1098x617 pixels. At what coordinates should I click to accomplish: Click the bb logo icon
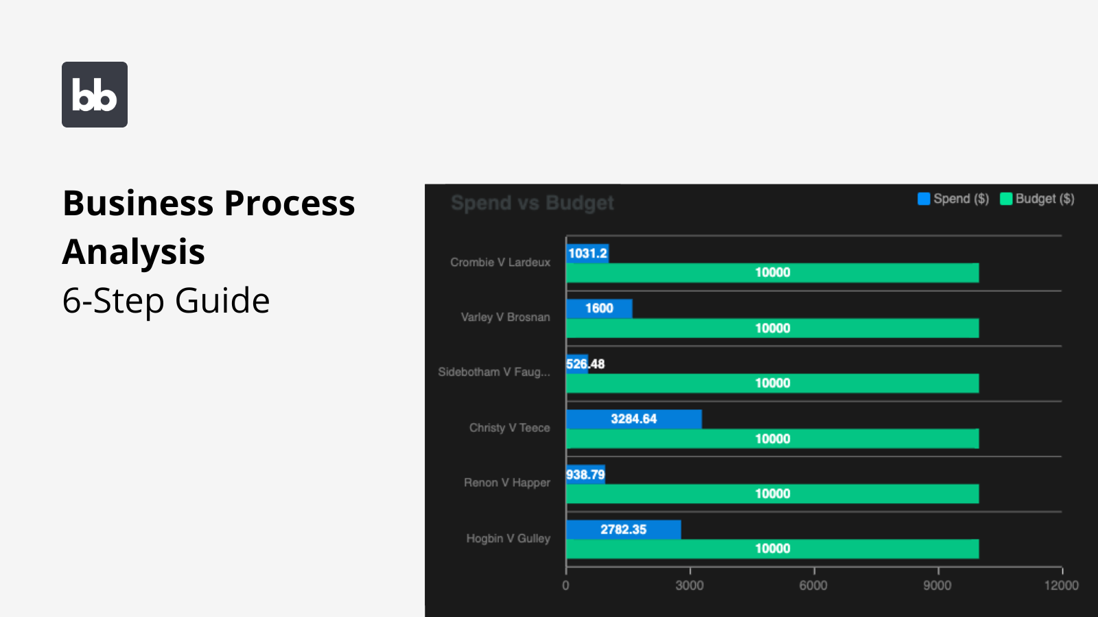[x=95, y=95]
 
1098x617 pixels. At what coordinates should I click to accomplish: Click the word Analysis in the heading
[x=134, y=252]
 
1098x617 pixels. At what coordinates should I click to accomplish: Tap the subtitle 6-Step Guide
[x=166, y=300]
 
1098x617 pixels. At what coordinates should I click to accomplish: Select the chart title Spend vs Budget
[x=533, y=203]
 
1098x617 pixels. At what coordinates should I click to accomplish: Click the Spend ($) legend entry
[x=953, y=199]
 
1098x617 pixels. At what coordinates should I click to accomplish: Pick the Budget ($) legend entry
[x=1037, y=199]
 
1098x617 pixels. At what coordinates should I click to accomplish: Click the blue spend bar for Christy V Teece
[x=633, y=419]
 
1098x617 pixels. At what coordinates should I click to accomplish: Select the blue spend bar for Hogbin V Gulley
[x=623, y=529]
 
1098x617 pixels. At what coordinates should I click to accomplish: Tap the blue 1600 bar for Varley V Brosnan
[x=599, y=308]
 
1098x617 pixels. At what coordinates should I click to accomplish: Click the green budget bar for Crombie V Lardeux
[x=772, y=273]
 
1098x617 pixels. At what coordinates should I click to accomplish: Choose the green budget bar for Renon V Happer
[x=772, y=494]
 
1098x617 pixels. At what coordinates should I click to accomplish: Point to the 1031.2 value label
[x=587, y=254]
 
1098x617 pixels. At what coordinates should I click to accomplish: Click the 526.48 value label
[x=585, y=364]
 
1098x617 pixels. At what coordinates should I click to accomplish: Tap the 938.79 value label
[x=585, y=474]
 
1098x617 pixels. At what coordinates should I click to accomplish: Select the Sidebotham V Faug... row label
[x=494, y=372]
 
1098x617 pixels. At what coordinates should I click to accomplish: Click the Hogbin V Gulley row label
[x=508, y=538]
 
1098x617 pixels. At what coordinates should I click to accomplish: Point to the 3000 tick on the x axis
[x=689, y=585]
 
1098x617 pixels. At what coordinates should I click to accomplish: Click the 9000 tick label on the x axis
[x=937, y=585]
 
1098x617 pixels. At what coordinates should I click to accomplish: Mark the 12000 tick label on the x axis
[x=1061, y=585]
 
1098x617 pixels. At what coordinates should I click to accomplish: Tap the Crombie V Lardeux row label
[x=500, y=262]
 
